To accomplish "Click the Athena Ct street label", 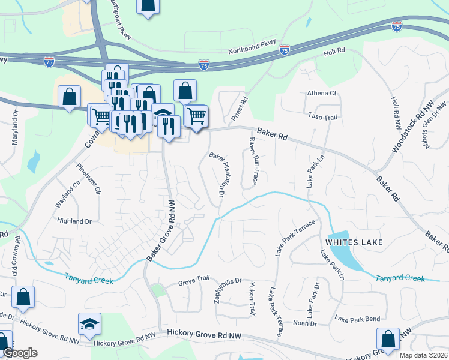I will point(322,94).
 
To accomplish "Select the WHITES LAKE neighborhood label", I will point(354,242).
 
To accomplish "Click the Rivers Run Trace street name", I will point(253,161).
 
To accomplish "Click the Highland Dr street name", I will point(74,221).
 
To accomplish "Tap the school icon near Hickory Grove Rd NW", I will point(89,324).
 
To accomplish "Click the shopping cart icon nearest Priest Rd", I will point(196,115).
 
